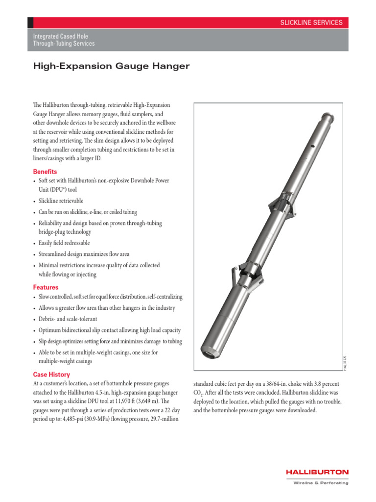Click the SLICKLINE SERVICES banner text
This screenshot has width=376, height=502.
click(311, 23)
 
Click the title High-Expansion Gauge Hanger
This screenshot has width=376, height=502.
click(111, 66)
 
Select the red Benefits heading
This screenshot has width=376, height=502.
click(45, 172)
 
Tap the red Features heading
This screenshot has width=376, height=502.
click(46, 287)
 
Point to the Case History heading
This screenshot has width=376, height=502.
click(51, 375)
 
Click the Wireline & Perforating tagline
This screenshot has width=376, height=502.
click(321, 483)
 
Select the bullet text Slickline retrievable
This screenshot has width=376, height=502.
click(61, 201)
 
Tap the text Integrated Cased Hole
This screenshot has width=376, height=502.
click(60, 36)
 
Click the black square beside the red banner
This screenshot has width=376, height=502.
click(30, 23)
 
